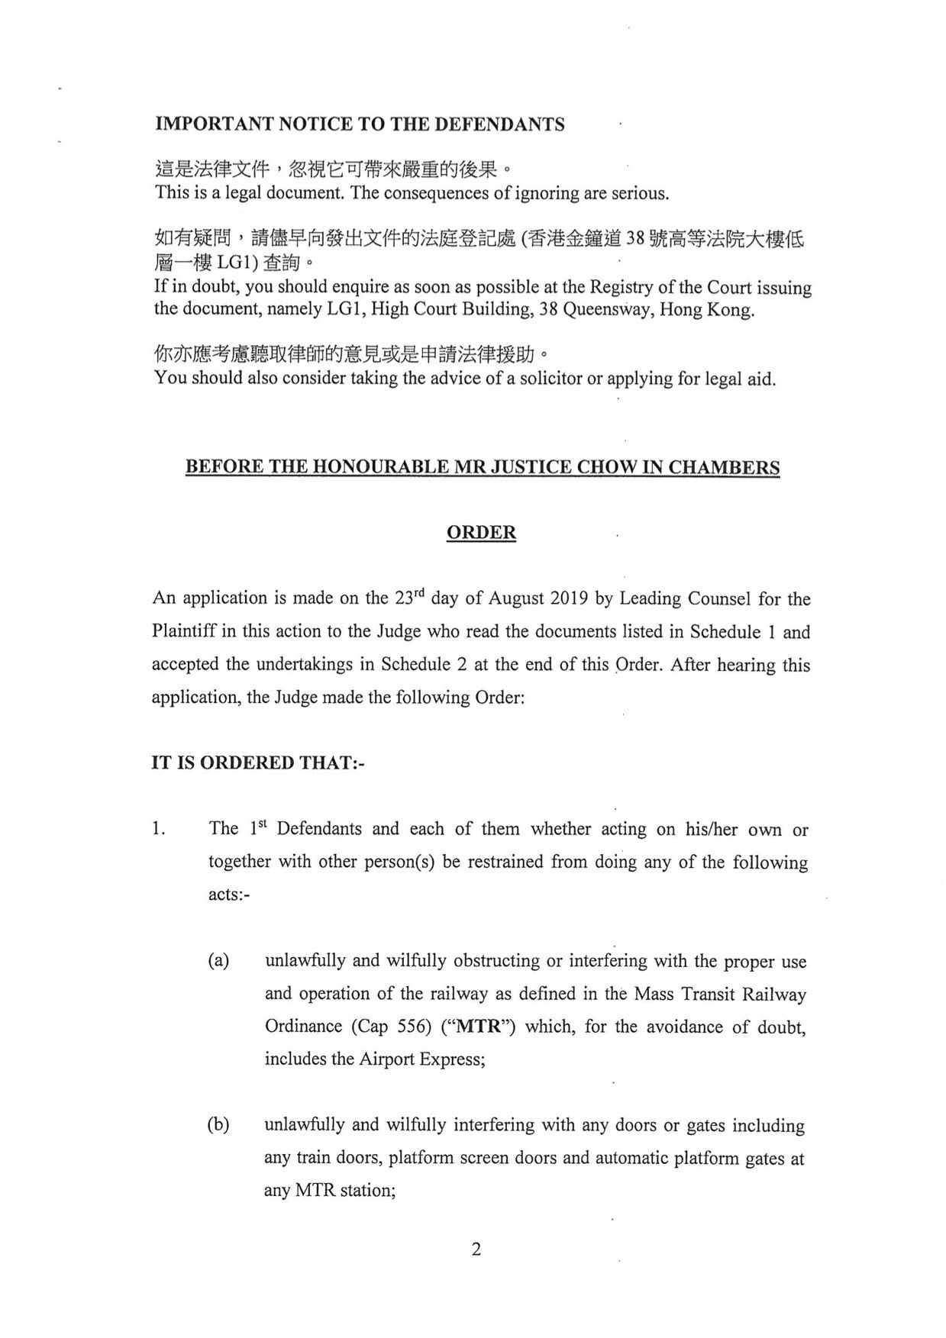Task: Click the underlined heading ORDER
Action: click(x=481, y=533)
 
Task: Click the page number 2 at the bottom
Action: click(x=476, y=1249)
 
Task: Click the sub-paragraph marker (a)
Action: click(x=219, y=961)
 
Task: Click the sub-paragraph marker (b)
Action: click(x=219, y=1125)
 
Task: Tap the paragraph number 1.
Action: click(x=158, y=830)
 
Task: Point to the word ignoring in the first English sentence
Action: click(x=546, y=193)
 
